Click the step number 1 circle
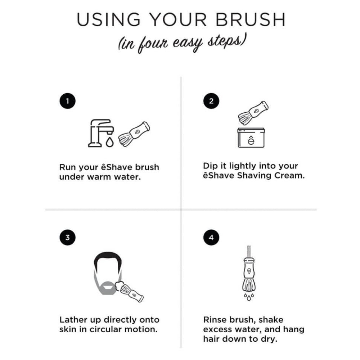pos(68,101)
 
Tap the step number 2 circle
pos(211,101)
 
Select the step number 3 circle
pos(68,237)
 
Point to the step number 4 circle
pos(211,237)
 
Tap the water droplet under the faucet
pos(110,142)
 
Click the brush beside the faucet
pos(134,134)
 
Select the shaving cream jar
pos(251,138)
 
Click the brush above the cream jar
pos(253,113)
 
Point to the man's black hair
pos(108,260)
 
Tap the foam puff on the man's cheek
pos(119,286)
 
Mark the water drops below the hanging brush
pos(249,297)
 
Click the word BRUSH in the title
pos(250,19)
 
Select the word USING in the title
pos(108,19)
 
